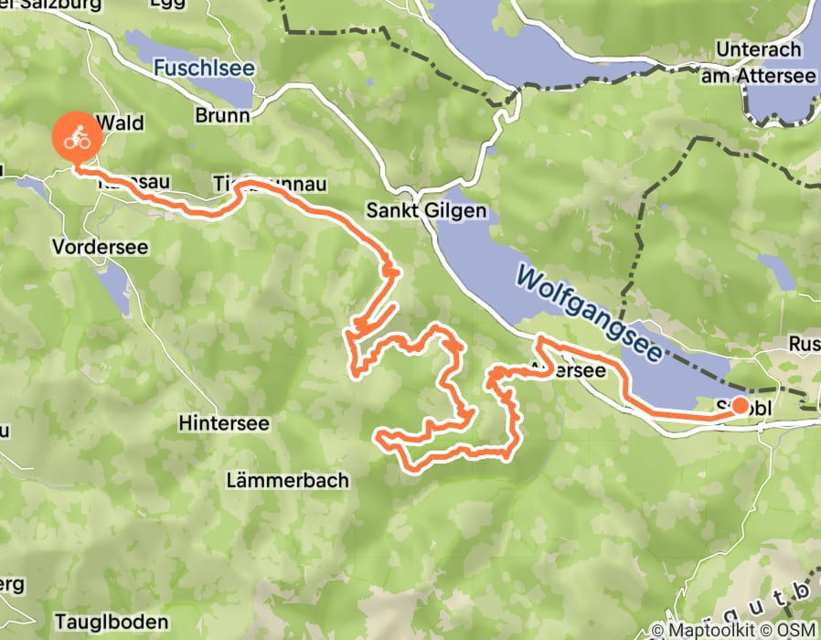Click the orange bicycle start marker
point(76,139)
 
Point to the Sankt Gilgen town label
point(426,210)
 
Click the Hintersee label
point(224,423)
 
